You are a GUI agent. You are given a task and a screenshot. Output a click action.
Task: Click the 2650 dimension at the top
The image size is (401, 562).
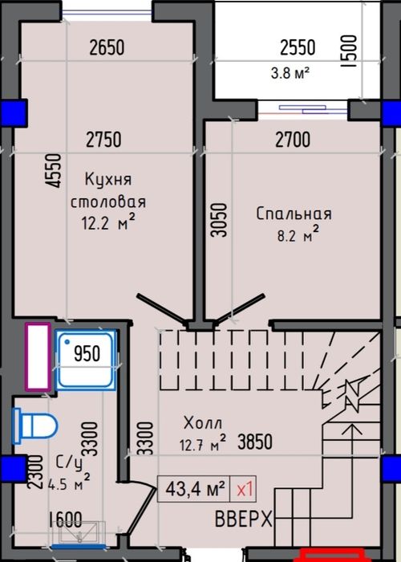107,48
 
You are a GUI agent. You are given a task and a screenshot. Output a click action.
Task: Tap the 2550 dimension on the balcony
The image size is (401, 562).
297,48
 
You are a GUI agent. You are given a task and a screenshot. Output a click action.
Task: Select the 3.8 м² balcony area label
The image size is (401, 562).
290,72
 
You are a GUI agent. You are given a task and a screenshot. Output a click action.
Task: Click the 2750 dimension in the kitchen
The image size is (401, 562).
103,140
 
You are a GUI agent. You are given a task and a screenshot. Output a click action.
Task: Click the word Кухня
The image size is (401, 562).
107,179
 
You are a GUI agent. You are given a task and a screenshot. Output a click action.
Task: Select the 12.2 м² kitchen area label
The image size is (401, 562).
103,224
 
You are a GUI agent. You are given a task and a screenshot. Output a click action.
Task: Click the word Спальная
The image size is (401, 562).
294,214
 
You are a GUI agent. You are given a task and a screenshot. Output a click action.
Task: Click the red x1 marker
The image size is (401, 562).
245,487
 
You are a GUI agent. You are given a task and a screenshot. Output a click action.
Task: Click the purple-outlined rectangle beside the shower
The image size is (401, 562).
38,356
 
